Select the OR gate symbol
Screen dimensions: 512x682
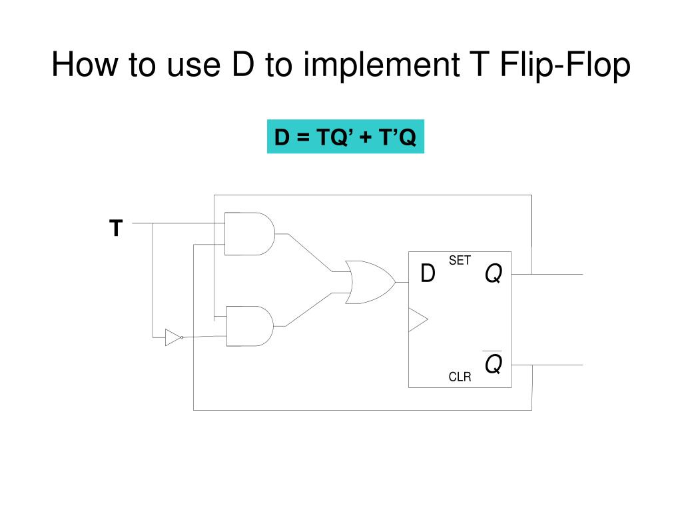click(x=368, y=283)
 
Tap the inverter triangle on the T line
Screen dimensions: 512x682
click(x=172, y=337)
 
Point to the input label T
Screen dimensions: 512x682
click(x=116, y=229)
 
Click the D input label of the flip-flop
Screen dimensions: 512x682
click(x=428, y=273)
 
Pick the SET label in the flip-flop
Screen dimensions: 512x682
click(x=460, y=261)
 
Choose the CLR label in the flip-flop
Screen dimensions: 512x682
click(x=460, y=377)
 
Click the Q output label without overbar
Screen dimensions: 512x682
click(x=493, y=273)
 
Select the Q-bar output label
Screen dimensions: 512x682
click(x=493, y=363)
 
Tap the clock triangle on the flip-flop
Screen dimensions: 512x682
click(x=417, y=320)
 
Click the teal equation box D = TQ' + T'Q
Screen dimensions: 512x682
click(x=346, y=137)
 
